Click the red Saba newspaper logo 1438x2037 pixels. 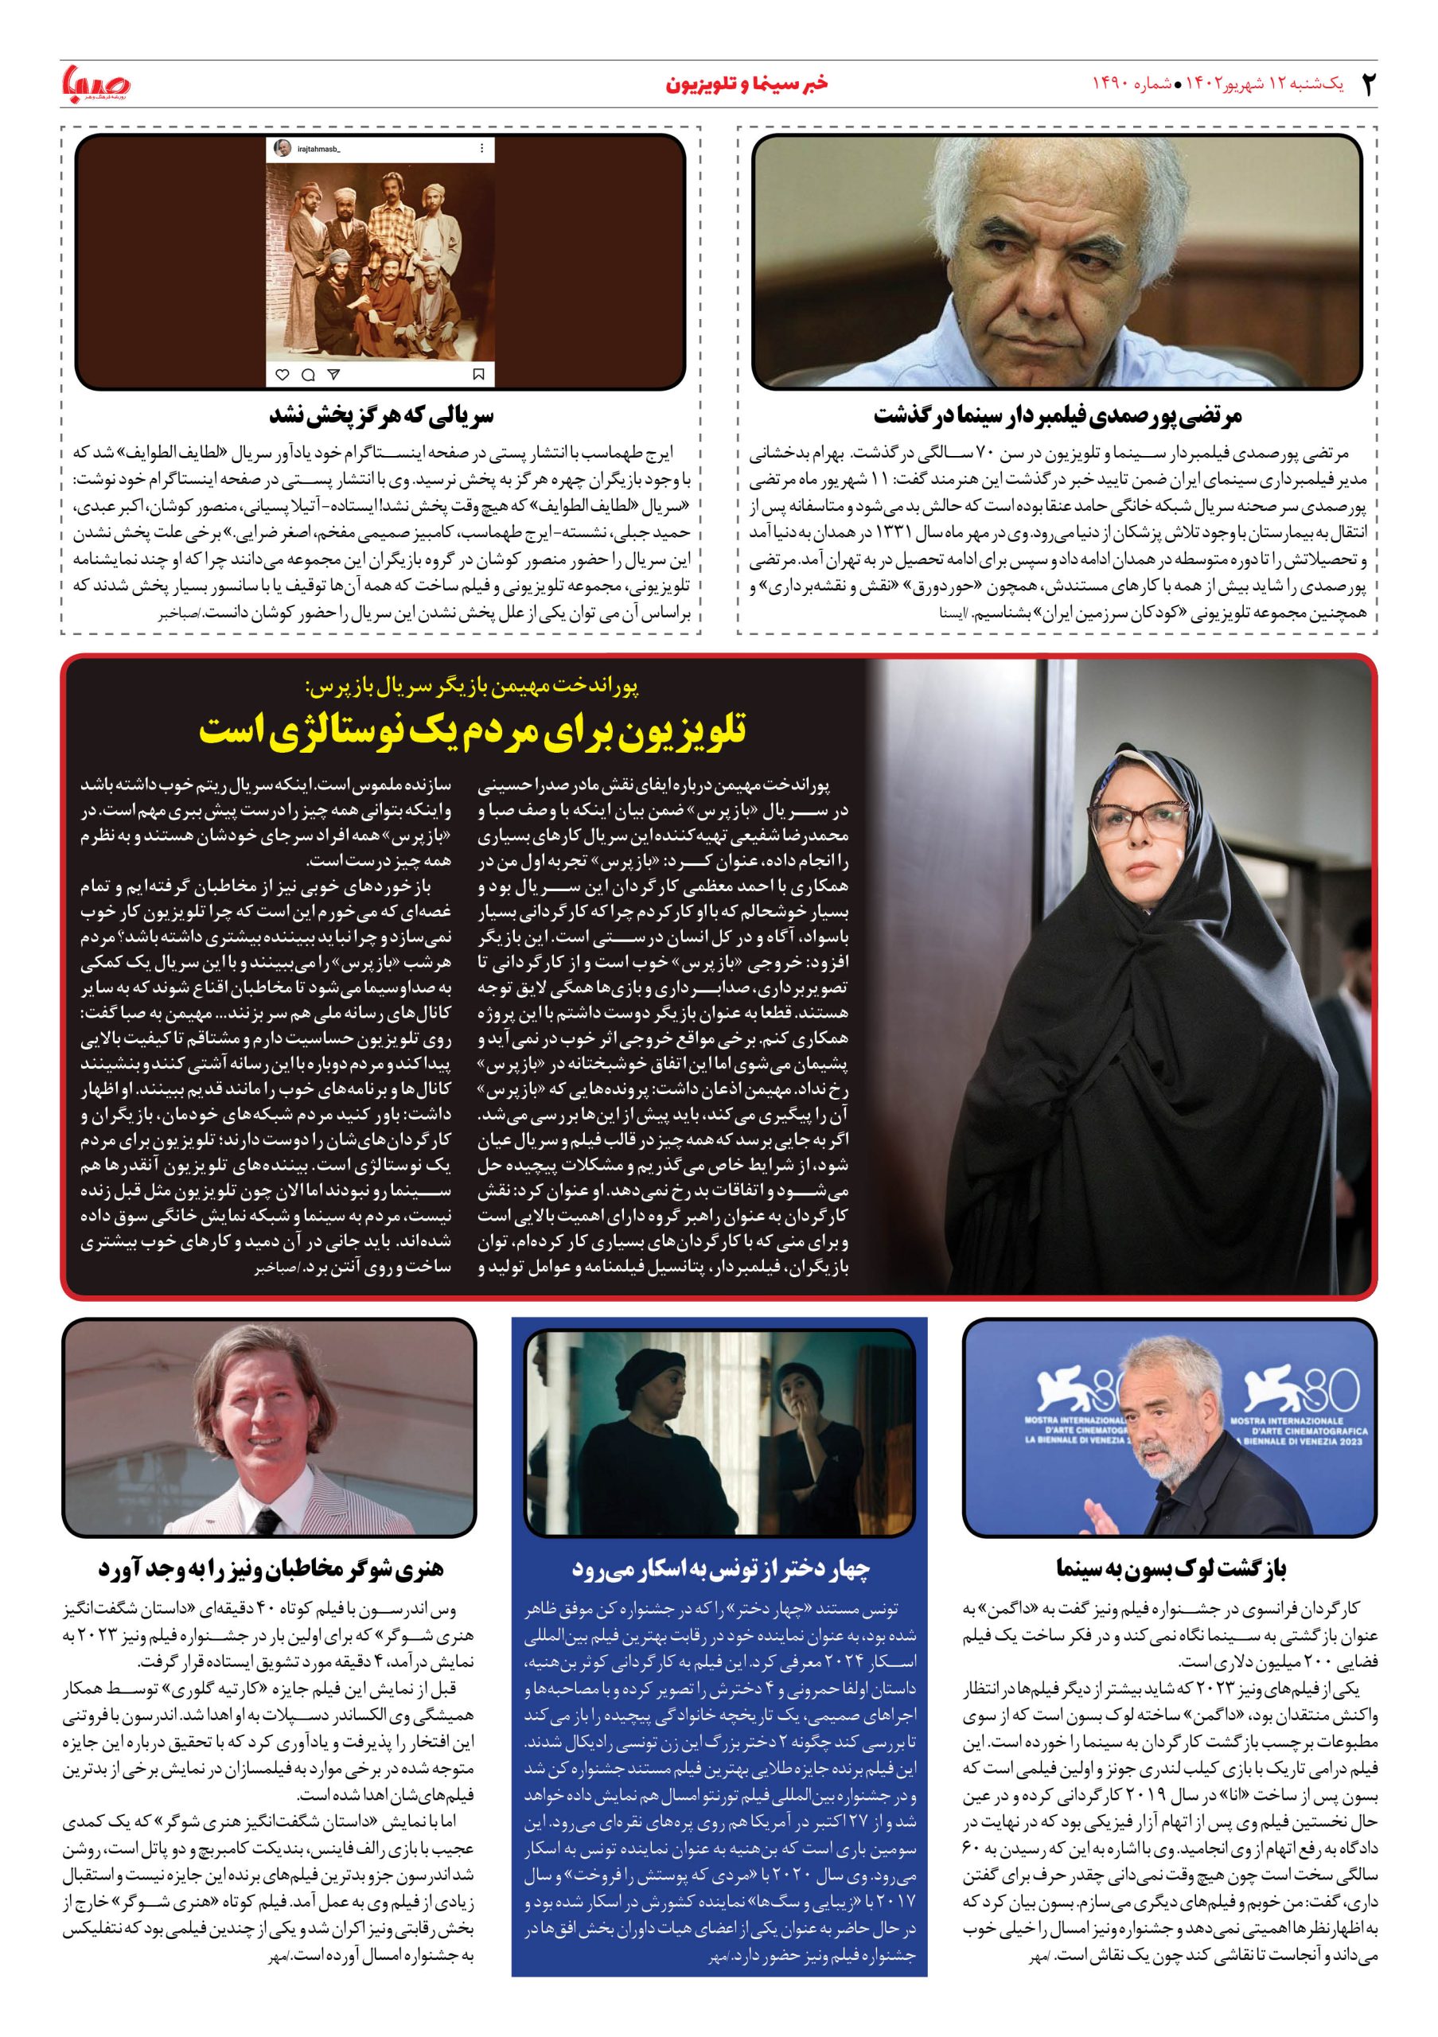point(95,84)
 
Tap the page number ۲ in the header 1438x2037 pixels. point(1368,84)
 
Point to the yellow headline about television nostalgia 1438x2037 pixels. point(473,730)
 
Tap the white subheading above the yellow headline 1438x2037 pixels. point(471,685)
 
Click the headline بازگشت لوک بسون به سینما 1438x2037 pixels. point(1171,1568)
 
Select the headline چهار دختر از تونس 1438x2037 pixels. point(719,1568)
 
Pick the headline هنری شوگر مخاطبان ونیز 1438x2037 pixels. point(271,1568)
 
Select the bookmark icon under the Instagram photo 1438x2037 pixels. point(479,375)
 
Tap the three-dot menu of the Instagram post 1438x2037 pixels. point(481,148)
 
